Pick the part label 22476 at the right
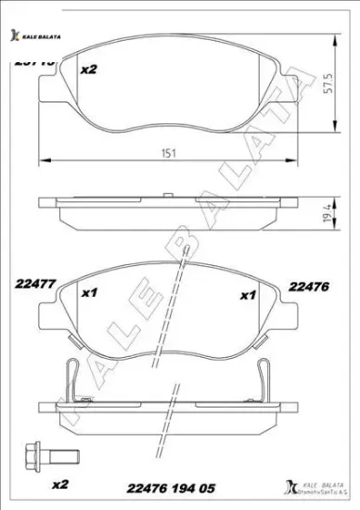pos(309,287)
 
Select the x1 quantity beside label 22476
pos(248,296)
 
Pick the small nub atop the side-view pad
pos(167,195)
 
